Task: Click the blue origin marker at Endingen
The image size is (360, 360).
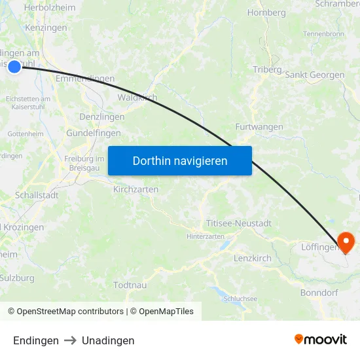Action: [14, 66]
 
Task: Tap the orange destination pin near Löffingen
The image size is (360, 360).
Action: [345, 242]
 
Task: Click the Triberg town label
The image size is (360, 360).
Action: [267, 69]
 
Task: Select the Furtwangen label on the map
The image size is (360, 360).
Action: [259, 127]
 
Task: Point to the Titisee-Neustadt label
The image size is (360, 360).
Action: [238, 223]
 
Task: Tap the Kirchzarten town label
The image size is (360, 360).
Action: [135, 189]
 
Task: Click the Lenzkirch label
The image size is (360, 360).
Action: [253, 259]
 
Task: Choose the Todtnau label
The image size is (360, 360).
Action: [130, 285]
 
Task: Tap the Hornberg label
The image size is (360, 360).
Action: [267, 12]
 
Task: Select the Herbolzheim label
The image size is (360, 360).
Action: [49, 8]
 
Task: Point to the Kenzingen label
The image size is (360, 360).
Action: [46, 28]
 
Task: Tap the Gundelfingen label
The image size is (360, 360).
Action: [94, 133]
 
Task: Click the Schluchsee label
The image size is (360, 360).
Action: [240, 298]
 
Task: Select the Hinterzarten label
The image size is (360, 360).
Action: [205, 236]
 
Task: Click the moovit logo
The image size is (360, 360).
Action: [320, 340]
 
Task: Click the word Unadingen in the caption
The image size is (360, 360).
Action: [108, 340]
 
